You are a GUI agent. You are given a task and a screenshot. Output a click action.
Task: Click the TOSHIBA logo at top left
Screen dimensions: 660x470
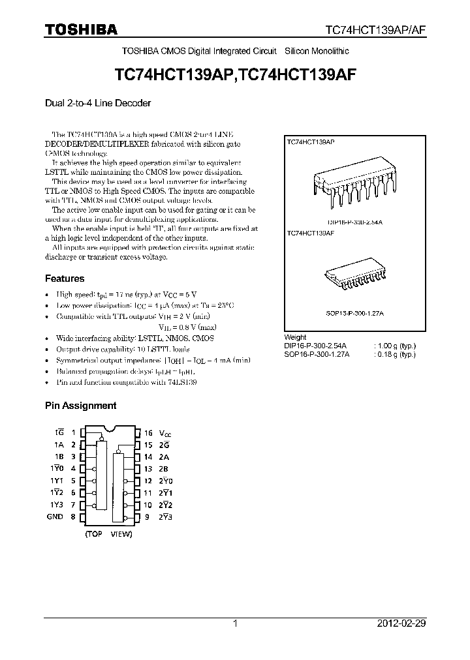coord(82,29)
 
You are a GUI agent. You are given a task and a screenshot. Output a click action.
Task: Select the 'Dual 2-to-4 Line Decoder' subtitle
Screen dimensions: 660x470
coord(98,103)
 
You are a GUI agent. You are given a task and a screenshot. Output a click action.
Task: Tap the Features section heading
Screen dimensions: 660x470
coord(65,278)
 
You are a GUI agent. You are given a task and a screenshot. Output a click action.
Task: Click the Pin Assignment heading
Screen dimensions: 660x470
coord(80,405)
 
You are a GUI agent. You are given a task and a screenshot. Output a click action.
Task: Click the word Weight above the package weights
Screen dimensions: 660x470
coord(296,338)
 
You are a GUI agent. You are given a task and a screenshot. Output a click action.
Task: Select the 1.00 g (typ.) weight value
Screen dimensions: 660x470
coord(394,346)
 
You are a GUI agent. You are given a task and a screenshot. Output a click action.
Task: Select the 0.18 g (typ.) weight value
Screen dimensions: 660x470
coord(394,354)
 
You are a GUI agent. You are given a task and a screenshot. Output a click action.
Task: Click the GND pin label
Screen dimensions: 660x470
coord(55,517)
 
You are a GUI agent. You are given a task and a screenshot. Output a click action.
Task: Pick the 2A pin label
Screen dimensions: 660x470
coord(164,457)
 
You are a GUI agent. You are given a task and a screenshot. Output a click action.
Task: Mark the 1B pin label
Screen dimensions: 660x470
coord(58,457)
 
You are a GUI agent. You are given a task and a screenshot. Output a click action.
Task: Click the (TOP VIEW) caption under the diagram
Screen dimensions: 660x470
coord(108,534)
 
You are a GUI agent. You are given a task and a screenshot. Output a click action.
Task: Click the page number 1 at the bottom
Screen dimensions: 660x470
coord(235,623)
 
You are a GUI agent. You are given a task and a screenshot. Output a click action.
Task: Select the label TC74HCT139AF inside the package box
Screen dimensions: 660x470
coord(311,232)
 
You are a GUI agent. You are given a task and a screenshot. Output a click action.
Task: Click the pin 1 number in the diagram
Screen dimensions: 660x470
coord(73,433)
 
